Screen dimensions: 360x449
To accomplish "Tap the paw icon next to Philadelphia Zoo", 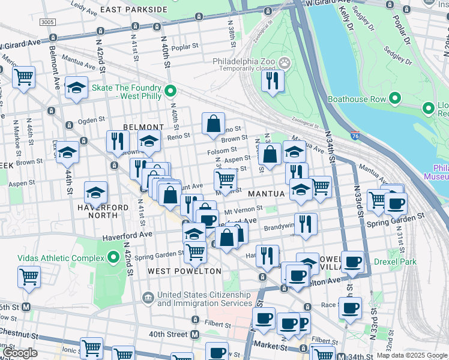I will tap(285, 62).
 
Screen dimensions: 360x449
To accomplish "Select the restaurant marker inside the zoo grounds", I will tap(273, 80).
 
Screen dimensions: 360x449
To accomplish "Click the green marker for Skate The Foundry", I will tap(170, 92).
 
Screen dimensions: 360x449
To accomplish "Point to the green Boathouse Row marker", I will tap(394, 98).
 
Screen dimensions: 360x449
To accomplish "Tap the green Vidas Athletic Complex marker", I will tap(113, 258).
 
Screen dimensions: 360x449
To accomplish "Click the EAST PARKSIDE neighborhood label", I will tap(133, 10).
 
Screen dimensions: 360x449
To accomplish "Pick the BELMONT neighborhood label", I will tap(143, 127).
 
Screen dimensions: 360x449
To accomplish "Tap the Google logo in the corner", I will tap(20, 353).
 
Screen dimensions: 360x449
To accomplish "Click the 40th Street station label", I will tap(168, 334).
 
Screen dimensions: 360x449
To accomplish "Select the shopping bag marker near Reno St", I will tap(213, 124).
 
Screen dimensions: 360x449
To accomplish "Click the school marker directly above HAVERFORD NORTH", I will tap(95, 193).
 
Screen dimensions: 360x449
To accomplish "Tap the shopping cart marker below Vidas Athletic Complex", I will tap(29, 278).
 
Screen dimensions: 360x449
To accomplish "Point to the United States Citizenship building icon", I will tap(148, 297).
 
